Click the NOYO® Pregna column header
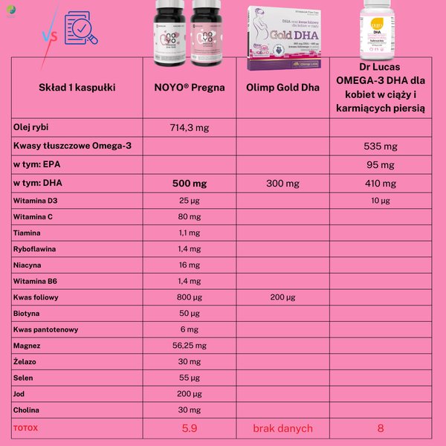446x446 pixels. tap(190, 87)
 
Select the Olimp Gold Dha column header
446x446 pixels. tap(282, 87)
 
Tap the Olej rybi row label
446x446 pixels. tap(31, 127)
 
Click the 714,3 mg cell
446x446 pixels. tap(190, 128)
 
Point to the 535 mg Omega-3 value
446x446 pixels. tap(380, 146)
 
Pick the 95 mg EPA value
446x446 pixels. tap(380, 164)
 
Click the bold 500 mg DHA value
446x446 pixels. tap(190, 183)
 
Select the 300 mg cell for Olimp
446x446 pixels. tap(282, 183)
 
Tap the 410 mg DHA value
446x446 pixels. tap(380, 183)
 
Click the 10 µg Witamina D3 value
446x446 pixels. tap(380, 201)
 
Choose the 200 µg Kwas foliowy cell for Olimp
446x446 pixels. tap(282, 297)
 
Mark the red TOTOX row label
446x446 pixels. tap(25, 428)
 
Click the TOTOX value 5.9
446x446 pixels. tap(190, 428)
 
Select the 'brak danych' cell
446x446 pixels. tap(282, 428)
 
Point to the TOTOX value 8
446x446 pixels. tap(380, 428)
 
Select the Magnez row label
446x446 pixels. tap(27, 346)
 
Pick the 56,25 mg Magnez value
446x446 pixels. tap(190, 346)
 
